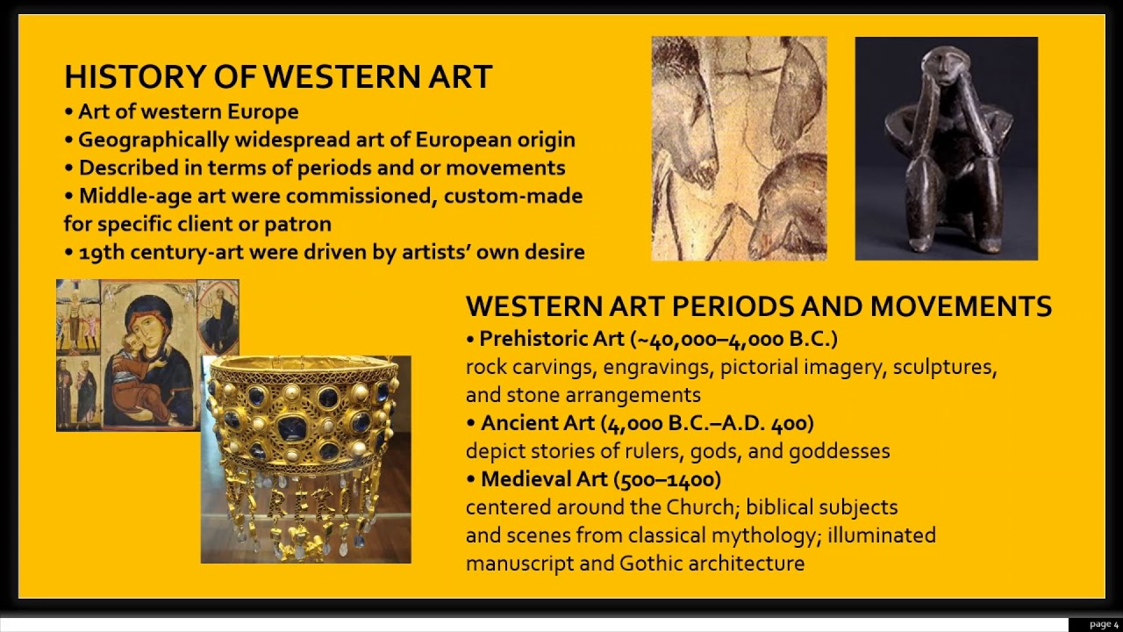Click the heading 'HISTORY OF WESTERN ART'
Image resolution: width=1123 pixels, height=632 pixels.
(278, 77)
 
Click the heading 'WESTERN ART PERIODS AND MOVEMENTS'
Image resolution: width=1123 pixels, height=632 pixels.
(758, 306)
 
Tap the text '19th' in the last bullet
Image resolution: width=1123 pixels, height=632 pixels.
(97, 253)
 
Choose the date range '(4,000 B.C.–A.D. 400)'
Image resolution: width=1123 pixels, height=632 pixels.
(707, 423)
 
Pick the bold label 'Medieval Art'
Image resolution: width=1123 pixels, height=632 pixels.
(545, 479)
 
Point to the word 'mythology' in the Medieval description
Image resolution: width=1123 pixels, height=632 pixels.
(771, 535)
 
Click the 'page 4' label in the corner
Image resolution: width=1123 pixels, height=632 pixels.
(1104, 624)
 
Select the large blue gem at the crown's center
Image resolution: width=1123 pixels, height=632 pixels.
(291, 428)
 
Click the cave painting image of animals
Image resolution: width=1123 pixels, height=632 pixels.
(739, 148)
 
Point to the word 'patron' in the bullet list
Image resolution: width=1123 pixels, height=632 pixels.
(302, 224)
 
